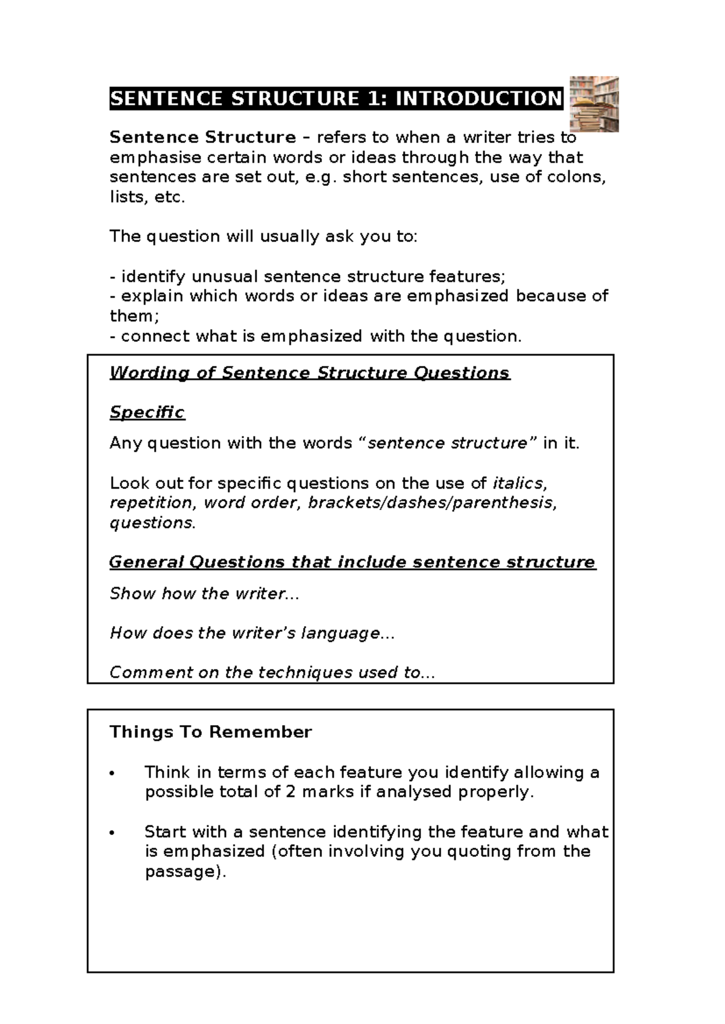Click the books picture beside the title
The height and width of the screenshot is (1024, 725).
[594, 104]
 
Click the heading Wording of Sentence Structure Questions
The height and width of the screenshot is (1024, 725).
[310, 373]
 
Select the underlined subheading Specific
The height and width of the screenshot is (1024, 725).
[147, 412]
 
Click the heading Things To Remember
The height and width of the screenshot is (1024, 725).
[210, 732]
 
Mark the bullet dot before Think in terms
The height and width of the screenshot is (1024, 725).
[112, 773]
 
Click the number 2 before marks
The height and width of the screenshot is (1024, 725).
[291, 792]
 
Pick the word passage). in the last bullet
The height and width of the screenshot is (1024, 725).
[185, 871]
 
